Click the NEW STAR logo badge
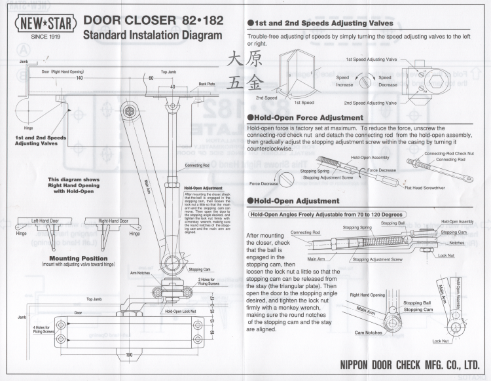coord(45,25)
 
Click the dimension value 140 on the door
coord(79,77)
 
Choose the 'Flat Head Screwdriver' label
coord(435,189)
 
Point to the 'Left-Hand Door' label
coord(46,220)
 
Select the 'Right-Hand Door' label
coord(112,220)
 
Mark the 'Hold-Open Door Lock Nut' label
coord(180,311)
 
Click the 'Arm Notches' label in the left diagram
coord(141,272)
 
